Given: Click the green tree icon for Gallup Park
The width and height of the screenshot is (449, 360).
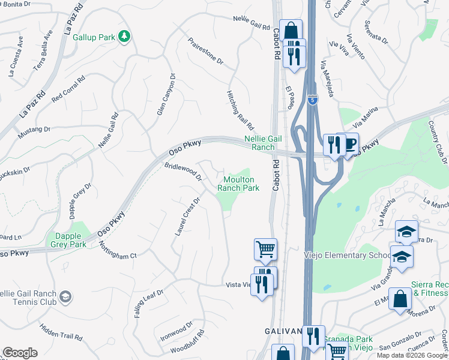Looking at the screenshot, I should pos(124,37).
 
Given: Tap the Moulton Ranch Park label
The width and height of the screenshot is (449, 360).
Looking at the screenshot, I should pos(241,184).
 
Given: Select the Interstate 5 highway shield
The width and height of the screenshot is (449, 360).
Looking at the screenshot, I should pos(312,100).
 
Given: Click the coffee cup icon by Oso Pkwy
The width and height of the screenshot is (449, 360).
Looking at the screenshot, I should pos(349,144).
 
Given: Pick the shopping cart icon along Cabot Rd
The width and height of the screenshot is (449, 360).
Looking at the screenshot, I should pos(265,248).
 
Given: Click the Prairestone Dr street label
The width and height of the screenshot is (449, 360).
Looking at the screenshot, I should pos(205,53).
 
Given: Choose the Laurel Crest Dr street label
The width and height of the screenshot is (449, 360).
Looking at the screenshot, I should pos(187,216).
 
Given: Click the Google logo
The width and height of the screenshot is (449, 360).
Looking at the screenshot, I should pos(20,353).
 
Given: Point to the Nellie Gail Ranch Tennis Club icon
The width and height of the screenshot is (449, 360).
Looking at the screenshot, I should pos(65,296).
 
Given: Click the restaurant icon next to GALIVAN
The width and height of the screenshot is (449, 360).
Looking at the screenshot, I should pos(313,337).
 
